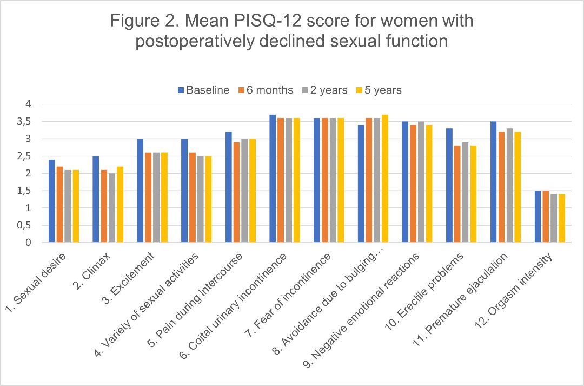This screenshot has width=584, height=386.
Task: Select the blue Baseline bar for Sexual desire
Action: pyautogui.click(x=51, y=201)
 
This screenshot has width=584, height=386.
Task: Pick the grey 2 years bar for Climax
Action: pyautogui.click(x=112, y=208)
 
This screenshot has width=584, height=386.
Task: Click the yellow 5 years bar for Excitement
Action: pyautogui.click(x=164, y=198)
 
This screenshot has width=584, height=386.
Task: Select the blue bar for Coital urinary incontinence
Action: pyautogui.click(x=273, y=179)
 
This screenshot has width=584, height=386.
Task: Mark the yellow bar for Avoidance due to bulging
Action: pyautogui.click(x=384, y=179)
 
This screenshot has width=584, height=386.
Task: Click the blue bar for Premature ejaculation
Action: pyautogui.click(x=494, y=182)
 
